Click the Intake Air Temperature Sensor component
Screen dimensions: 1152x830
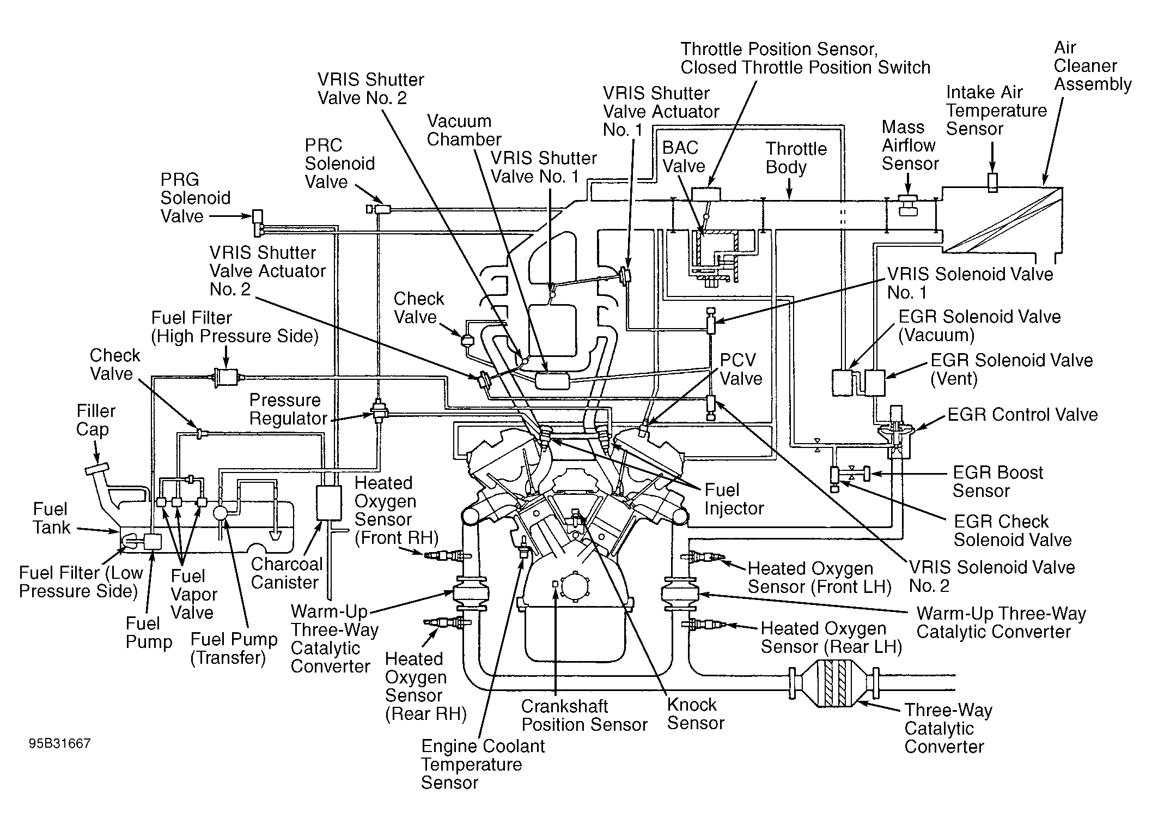(992, 183)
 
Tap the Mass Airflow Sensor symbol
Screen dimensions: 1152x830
(907, 205)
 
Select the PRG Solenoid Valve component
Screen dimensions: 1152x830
(258, 223)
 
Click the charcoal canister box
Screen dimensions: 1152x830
(329, 502)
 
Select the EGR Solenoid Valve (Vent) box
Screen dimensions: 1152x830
(875, 383)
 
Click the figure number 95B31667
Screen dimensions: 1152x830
(60, 743)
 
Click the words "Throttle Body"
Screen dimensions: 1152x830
(796, 157)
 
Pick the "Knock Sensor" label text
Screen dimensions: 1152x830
(696, 714)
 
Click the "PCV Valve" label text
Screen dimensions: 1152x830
(741, 369)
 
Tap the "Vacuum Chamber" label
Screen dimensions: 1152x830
(464, 130)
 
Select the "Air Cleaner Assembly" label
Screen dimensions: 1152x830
(1092, 65)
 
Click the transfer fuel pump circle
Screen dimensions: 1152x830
(221, 512)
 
